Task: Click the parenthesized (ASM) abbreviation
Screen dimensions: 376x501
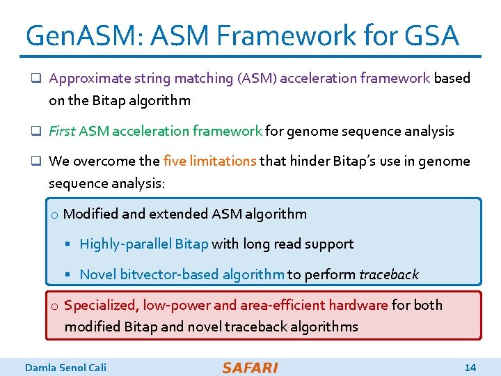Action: point(257,78)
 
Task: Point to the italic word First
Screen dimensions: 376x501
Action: point(63,131)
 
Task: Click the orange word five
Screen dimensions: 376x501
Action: point(175,161)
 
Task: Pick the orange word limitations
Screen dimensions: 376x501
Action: point(223,161)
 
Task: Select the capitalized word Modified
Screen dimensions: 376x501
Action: point(89,214)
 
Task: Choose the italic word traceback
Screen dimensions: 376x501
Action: point(389,274)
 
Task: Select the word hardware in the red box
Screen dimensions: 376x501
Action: point(363,305)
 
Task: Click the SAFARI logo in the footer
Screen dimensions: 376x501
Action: point(250,367)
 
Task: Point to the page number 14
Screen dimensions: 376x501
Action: point(470,367)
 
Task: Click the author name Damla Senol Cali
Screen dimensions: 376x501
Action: point(65,367)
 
